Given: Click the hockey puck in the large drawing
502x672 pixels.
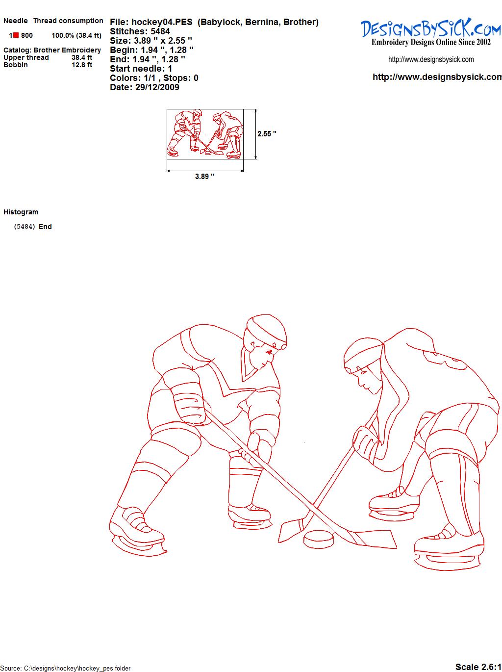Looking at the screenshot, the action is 319,539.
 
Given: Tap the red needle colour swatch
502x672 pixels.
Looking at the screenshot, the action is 16,35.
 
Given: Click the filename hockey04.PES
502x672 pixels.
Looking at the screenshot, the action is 162,22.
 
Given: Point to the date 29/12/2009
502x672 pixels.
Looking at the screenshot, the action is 157,87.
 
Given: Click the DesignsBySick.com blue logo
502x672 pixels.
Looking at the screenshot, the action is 431,27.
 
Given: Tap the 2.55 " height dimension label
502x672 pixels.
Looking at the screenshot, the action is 267,134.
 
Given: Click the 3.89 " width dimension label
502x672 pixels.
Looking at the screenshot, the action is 204,177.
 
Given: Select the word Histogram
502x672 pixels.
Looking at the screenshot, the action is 21,212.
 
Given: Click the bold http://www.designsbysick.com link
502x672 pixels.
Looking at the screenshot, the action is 437,77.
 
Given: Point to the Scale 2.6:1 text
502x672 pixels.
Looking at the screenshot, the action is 478,664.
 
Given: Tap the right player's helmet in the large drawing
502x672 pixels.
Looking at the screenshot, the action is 363,355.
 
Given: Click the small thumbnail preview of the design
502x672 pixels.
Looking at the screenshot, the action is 205,134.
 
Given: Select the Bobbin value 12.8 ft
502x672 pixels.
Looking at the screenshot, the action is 82,65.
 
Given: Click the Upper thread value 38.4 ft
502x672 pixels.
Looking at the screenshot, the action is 82,57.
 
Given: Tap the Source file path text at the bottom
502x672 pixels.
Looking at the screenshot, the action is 65,668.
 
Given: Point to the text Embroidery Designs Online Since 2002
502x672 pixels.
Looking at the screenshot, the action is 431,42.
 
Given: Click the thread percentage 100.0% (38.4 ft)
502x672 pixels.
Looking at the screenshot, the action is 76,35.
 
